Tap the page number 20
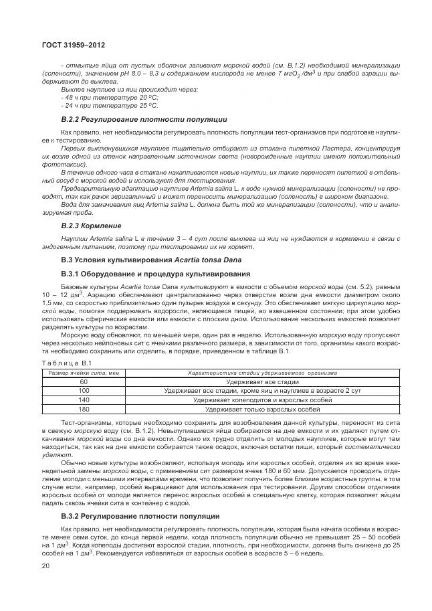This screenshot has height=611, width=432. (45, 566)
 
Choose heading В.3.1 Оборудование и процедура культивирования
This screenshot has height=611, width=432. (146, 274)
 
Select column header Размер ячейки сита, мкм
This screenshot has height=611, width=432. (84, 371)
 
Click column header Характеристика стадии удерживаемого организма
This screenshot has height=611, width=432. (262, 371)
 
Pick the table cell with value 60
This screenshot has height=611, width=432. (84, 381)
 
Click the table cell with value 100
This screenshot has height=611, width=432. (84, 390)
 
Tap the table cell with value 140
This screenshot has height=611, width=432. (84, 400)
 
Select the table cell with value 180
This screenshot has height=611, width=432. (84, 409)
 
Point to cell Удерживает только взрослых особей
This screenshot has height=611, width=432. (262, 409)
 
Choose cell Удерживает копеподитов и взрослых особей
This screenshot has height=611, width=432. (262, 400)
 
